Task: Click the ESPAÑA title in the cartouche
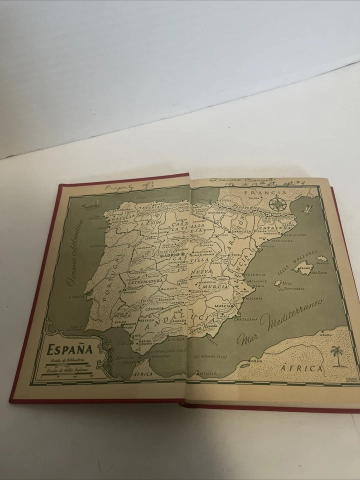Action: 71,348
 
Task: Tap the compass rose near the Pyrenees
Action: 277,203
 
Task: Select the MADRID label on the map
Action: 169,255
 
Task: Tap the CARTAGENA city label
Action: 246,318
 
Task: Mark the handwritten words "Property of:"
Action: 121,186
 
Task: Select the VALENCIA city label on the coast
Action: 255,275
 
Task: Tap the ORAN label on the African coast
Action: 257,360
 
